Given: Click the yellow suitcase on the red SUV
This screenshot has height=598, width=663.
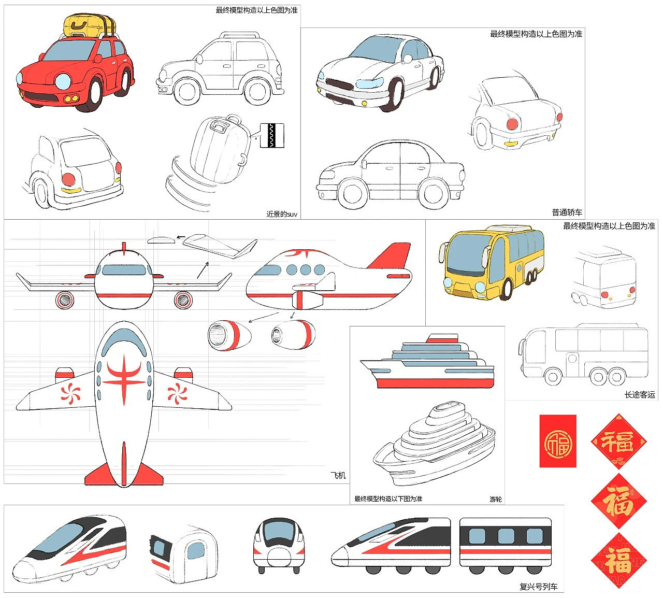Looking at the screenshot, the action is pos(89,26).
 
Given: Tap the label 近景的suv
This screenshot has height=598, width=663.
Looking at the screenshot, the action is pos(282,214).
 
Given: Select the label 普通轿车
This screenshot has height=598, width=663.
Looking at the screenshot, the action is pos(567,212).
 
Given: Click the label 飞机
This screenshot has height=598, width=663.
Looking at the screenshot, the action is pos(338,475).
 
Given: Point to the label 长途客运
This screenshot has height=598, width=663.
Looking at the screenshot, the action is pos(640,394).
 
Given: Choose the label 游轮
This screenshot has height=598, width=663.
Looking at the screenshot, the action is pos(495,499).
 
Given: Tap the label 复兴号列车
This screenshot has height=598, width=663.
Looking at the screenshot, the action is pos(538,587).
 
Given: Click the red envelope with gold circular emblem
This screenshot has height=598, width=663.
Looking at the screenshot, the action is pos(557,441).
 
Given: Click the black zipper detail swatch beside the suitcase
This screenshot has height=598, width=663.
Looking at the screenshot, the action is pos(272,136).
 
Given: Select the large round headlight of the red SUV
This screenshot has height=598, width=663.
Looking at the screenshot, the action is pos(63,82).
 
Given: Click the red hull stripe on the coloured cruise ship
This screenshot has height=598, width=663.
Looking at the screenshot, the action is pos(436,383).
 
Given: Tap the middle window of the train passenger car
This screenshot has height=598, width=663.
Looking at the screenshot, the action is pos(506,536).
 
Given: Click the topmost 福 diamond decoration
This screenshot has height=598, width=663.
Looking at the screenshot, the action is pos(618,441).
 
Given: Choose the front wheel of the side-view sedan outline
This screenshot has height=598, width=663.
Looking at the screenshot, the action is pos(353,194).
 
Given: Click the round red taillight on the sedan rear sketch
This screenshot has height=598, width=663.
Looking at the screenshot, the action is pos(512,124).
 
